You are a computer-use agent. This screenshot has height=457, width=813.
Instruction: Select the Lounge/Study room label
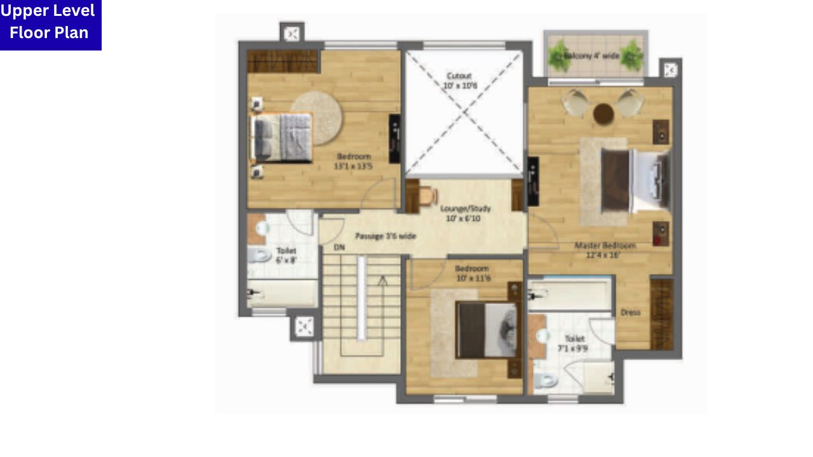click(465, 213)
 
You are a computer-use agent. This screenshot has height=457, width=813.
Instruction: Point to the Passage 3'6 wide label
click(386, 236)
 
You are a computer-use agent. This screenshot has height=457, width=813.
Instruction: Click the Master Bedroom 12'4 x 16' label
click(604, 250)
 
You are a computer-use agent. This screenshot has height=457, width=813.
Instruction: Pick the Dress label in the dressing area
click(630, 312)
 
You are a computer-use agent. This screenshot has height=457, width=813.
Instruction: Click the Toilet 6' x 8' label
click(286, 255)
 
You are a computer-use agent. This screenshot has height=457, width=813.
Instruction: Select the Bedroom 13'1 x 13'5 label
click(353, 161)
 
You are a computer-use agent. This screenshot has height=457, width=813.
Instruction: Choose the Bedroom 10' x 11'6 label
click(473, 273)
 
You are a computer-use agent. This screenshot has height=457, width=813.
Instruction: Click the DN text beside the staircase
click(339, 248)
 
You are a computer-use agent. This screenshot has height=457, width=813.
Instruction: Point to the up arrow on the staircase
click(382, 282)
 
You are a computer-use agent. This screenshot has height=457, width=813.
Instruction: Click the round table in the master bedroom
click(603, 114)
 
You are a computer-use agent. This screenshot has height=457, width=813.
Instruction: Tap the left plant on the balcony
click(560, 56)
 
